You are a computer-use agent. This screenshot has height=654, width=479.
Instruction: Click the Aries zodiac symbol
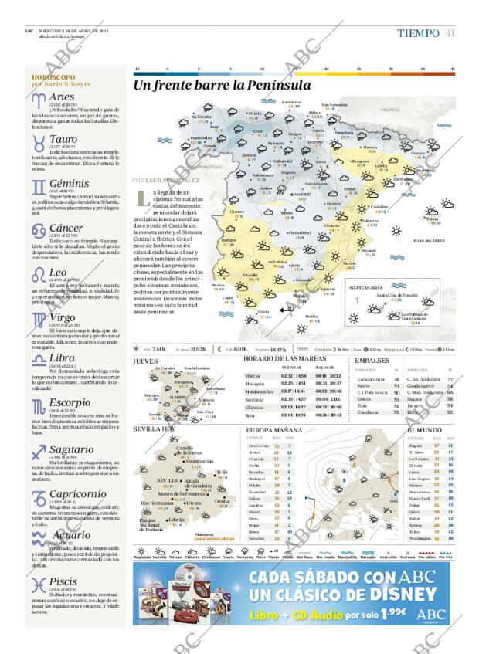[39, 100]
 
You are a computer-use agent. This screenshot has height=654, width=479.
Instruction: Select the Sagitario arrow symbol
[39, 453]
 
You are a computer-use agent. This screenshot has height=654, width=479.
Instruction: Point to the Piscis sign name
[65, 582]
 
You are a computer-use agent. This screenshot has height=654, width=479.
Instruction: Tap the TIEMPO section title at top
[417, 32]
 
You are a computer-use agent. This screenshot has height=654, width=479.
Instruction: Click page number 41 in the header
[450, 32]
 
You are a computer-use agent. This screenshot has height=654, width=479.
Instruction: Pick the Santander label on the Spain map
[290, 102]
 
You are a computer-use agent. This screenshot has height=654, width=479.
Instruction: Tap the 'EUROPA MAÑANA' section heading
[273, 429]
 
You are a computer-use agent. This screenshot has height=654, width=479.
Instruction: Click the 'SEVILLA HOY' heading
[154, 429]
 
